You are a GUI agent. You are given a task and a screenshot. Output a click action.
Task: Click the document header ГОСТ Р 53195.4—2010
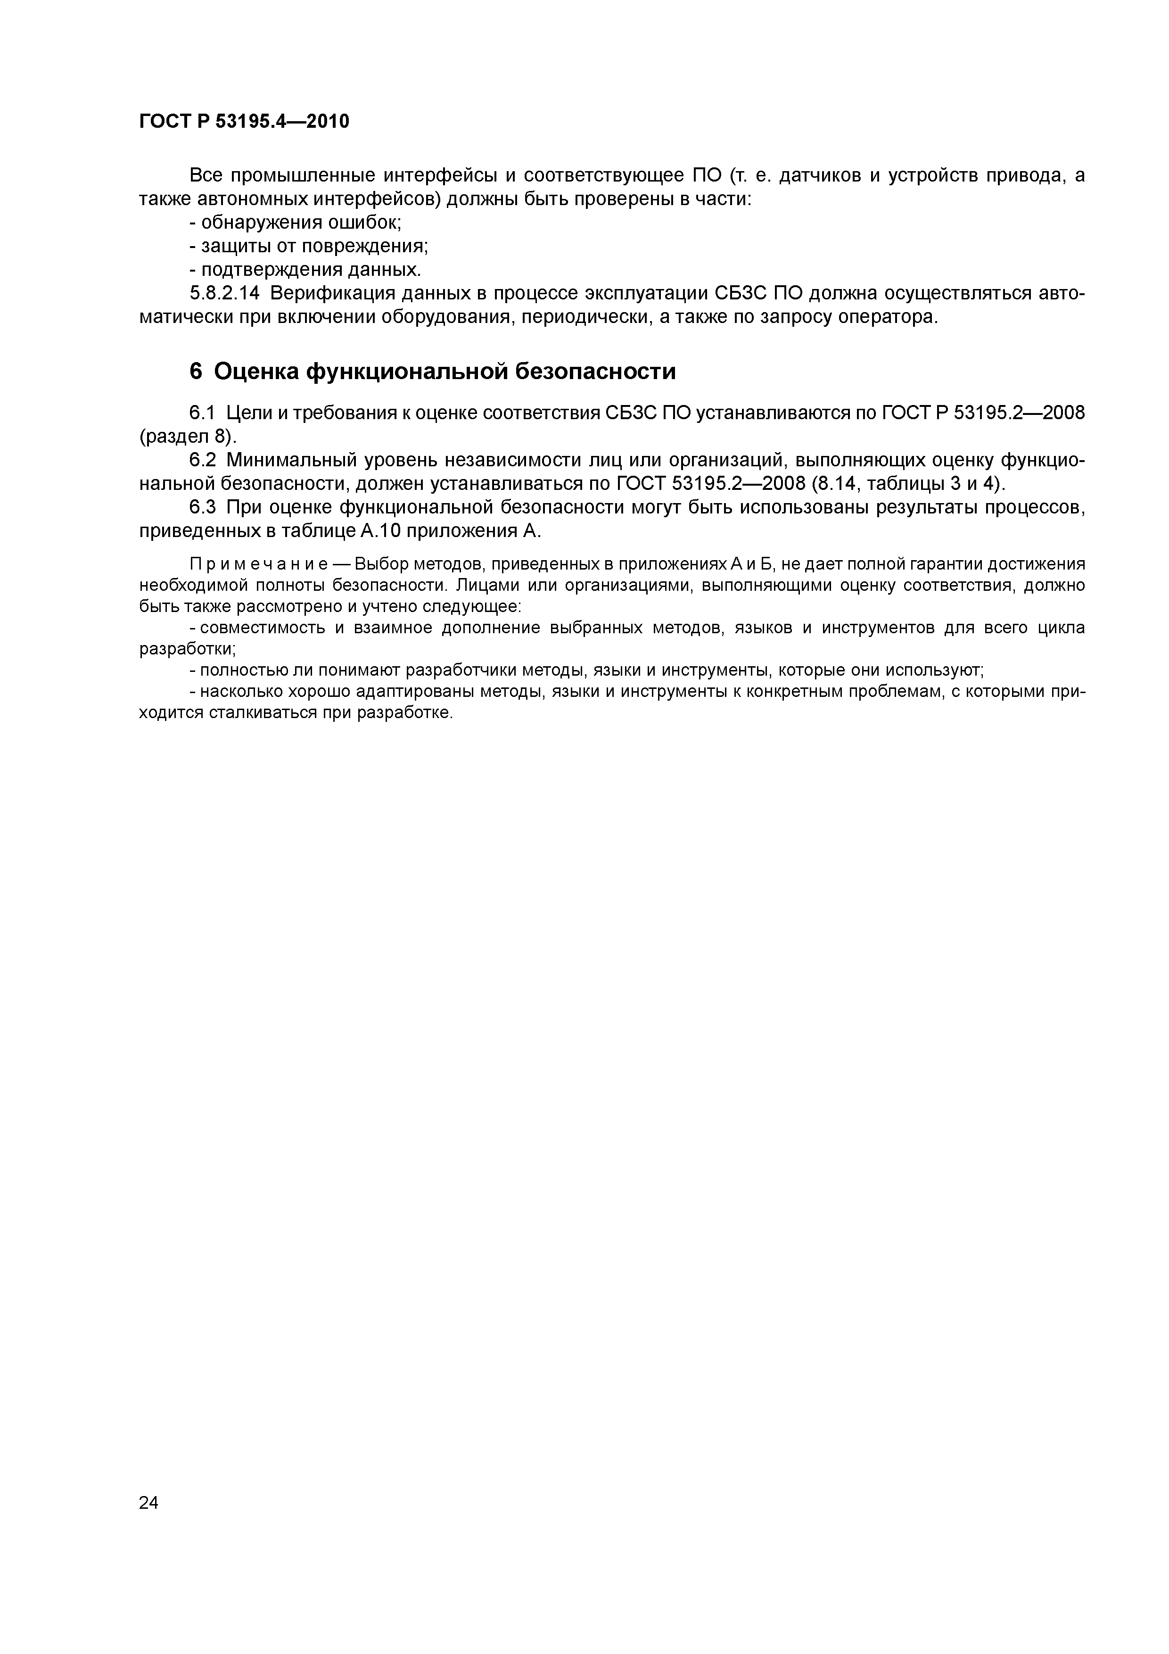(x=243, y=122)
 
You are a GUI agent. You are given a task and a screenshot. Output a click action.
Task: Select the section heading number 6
(x=196, y=372)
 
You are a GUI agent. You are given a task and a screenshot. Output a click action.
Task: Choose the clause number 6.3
(x=202, y=508)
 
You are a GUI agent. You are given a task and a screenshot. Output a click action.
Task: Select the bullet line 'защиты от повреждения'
(x=309, y=246)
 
